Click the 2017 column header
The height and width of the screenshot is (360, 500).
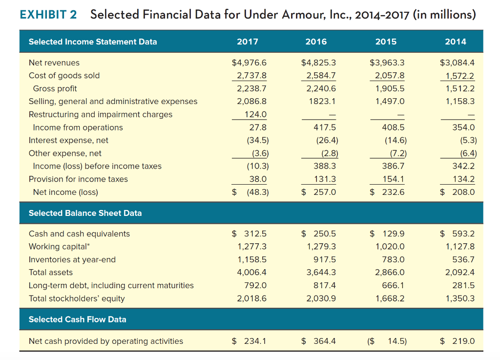pyautogui.click(x=248, y=42)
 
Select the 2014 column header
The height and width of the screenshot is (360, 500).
pyautogui.click(x=456, y=42)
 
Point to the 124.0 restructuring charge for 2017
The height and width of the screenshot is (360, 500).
pyautogui.click(x=255, y=114)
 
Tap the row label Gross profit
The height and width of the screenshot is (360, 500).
pyautogui.click(x=55, y=88)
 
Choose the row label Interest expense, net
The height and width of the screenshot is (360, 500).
pyautogui.click(x=68, y=140)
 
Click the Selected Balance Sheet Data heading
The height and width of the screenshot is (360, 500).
pyautogui.click(x=85, y=213)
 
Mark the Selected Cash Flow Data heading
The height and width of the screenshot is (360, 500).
pyautogui.click(x=77, y=319)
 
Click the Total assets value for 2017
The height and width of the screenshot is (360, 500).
pyautogui.click(x=251, y=272)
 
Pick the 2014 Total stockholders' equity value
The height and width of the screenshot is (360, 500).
pyautogui.click(x=460, y=298)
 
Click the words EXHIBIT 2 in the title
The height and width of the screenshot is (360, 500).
pyautogui.click(x=48, y=14)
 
